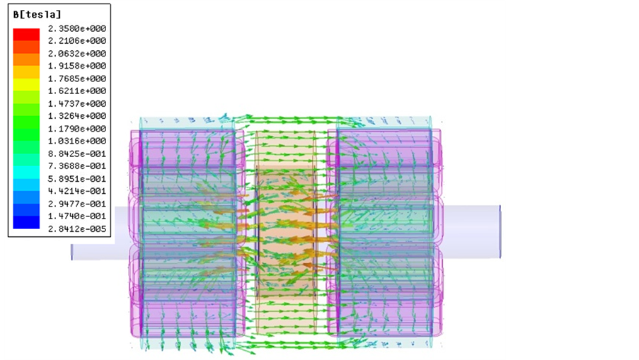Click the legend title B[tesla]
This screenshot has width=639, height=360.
[37, 15]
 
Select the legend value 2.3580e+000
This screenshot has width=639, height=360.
[77, 28]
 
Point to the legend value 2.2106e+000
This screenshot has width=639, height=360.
[77, 41]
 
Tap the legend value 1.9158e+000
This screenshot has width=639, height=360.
[77, 66]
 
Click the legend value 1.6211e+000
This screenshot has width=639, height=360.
[77, 91]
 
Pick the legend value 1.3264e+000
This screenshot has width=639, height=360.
[77, 116]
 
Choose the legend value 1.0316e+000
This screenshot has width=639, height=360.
[77, 141]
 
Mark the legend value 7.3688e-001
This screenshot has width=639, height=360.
[77, 166]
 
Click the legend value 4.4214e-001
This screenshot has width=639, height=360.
[77, 191]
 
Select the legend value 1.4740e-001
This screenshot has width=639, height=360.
[77, 216]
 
